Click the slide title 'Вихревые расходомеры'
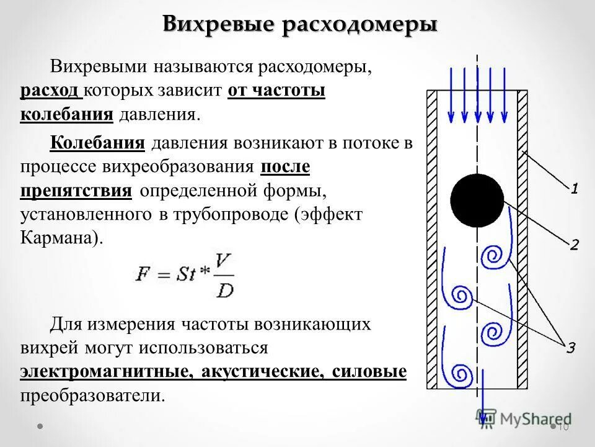[x=300, y=24]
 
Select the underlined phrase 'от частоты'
[x=276, y=91]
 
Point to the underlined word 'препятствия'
[x=76, y=190]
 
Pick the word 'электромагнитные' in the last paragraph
[x=104, y=372]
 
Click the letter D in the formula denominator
[x=224, y=289]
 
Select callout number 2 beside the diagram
[x=574, y=245]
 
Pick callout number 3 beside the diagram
[x=570, y=348]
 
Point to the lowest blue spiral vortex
[x=459, y=374]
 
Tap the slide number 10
[x=563, y=427]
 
